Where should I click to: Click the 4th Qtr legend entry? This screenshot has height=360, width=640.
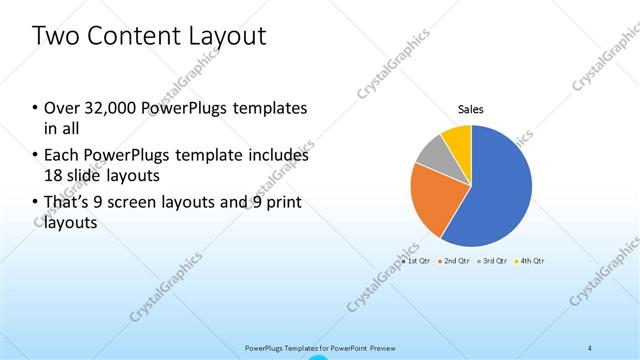[x=532, y=261]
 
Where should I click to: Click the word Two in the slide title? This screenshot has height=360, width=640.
[x=55, y=36]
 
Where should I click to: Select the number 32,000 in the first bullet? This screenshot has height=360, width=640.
[x=112, y=108]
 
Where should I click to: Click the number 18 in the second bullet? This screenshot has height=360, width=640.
[x=54, y=176]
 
